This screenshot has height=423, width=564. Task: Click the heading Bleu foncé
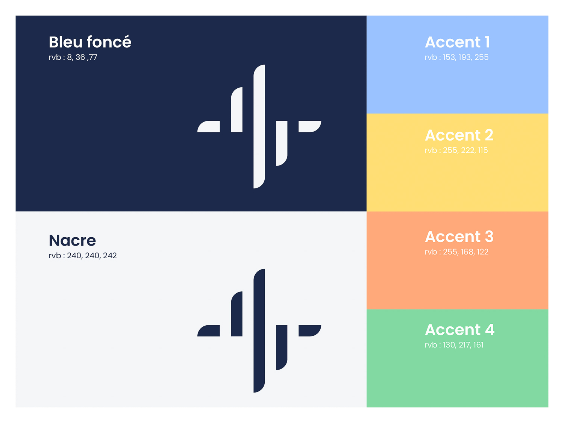[x=90, y=42]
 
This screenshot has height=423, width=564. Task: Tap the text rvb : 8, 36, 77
[x=73, y=57]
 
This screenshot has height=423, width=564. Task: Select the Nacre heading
[x=72, y=240]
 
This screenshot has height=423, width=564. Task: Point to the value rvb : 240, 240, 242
[x=83, y=256]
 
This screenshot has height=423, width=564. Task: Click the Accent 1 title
[x=457, y=42]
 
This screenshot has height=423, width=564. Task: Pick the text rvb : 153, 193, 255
[x=456, y=57]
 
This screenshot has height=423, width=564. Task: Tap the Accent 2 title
[x=459, y=135]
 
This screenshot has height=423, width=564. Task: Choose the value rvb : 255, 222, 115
[x=456, y=150]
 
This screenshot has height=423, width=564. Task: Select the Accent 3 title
[x=459, y=237]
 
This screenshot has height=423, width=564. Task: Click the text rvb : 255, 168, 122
[x=456, y=252]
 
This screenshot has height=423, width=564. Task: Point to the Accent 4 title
[x=460, y=330]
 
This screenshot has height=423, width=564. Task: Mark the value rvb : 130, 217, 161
[x=454, y=345]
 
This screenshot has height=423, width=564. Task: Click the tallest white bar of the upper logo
[x=259, y=126]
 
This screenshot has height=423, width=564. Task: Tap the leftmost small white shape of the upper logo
[x=209, y=126]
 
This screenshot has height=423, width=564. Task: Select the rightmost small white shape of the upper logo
[x=310, y=126]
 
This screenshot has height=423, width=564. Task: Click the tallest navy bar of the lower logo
[x=259, y=331]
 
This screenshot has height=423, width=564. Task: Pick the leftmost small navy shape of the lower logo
[x=209, y=331]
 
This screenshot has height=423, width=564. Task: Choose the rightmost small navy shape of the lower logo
[x=310, y=331]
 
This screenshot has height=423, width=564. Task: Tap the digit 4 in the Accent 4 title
[x=490, y=330]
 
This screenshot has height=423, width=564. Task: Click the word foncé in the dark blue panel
[x=109, y=42]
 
